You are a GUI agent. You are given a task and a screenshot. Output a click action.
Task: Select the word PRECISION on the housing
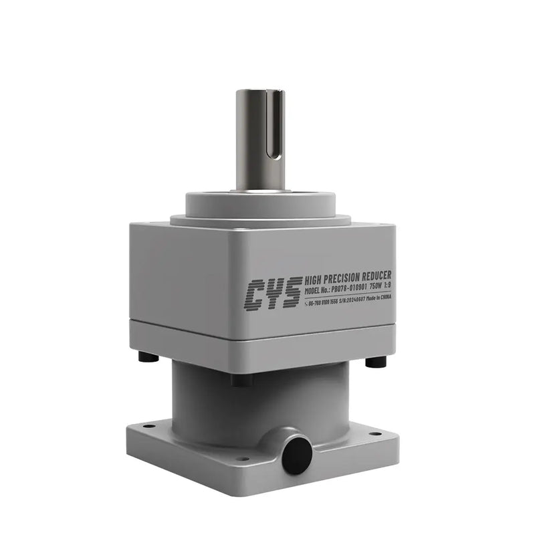346,278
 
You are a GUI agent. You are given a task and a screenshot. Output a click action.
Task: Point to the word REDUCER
378,276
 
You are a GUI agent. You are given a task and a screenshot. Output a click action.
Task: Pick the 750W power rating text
377,288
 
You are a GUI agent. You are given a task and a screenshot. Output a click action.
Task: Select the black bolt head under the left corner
148,357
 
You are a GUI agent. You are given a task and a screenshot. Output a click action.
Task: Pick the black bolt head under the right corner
376,362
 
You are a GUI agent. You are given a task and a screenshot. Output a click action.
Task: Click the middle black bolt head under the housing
242,380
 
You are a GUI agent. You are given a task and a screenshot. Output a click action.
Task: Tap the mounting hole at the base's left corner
148,426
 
